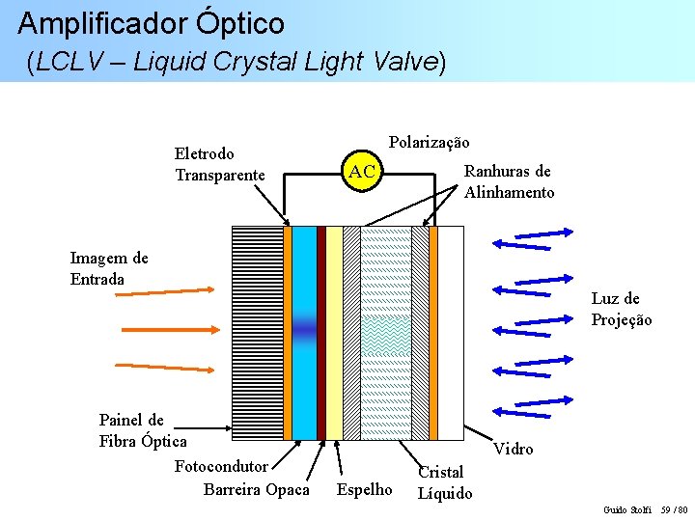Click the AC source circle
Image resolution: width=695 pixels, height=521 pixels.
pos(362,172)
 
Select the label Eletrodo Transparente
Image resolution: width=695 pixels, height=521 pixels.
pos(219,164)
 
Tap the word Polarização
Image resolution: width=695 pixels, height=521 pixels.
pos(429,142)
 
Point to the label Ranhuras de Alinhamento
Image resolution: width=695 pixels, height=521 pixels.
pos(509,181)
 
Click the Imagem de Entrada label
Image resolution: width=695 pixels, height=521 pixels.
pos(109,268)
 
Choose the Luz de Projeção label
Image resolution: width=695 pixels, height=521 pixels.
pos(621,309)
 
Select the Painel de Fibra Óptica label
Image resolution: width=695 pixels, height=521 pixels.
pos(143,430)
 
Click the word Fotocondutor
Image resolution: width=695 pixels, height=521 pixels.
pos(221,467)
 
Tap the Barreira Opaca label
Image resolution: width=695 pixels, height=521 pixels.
pos(257,489)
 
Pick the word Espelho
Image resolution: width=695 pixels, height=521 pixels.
pos(364,489)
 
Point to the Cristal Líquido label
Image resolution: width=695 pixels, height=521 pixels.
pos(444,482)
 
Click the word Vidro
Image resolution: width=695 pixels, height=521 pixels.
pos(513,449)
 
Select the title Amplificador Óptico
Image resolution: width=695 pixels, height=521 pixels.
pos(152,23)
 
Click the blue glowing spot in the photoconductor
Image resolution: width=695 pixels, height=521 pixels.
pos(304,331)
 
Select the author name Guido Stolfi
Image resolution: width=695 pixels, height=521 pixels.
pos(626,509)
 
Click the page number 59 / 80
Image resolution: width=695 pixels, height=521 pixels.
pos(673,509)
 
